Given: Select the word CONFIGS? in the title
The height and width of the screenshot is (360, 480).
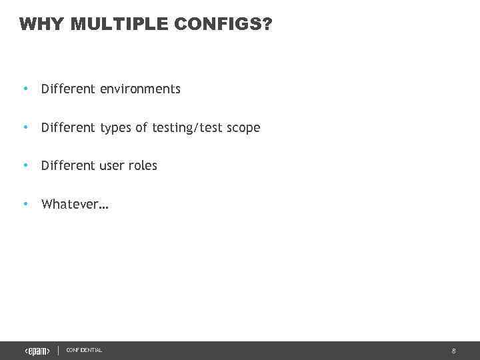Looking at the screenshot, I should (x=224, y=25).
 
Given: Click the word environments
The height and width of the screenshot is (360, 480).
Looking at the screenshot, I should (x=140, y=89).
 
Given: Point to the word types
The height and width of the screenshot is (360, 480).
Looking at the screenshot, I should (x=116, y=127).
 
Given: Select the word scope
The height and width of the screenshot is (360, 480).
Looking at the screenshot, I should (x=243, y=127).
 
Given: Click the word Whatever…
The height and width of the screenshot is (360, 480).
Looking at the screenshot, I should (x=75, y=204).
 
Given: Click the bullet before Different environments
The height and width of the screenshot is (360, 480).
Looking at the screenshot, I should (x=25, y=89).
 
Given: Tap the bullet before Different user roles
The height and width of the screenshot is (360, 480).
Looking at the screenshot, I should (x=25, y=165).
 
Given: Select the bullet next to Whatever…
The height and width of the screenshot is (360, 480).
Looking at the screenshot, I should (x=25, y=204).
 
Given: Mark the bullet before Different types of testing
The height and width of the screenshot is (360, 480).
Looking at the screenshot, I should (x=25, y=127).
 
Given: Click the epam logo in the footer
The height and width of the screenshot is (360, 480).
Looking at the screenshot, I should (x=37, y=351).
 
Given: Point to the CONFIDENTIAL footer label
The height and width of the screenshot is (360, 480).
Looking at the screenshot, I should (x=84, y=351).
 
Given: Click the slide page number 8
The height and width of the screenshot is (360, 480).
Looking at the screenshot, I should (x=453, y=351).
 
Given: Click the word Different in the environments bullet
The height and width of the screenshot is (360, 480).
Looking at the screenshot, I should (x=68, y=89).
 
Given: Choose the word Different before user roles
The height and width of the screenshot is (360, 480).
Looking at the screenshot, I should (x=68, y=165).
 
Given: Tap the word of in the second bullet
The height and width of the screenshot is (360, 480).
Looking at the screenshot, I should (x=141, y=127).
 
